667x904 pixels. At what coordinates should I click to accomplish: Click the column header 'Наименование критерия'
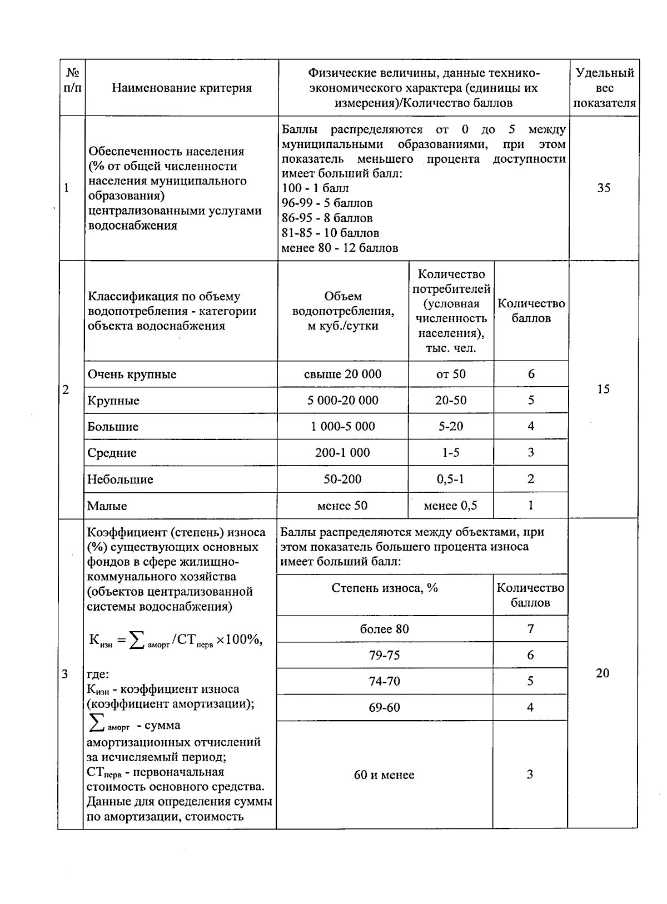point(182,88)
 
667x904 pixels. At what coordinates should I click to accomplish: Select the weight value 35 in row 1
point(604,188)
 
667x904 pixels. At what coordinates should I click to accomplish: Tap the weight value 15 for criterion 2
point(603,389)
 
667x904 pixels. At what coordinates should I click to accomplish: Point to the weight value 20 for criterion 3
point(603,673)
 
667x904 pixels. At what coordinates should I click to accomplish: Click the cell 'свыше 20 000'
point(342,374)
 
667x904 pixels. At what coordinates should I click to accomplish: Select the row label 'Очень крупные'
point(132,374)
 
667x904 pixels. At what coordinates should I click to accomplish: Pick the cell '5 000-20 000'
point(342,400)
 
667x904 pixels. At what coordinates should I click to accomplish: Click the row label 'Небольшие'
point(120,480)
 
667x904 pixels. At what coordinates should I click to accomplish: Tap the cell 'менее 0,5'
point(450,506)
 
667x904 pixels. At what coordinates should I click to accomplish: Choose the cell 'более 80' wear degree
point(384,629)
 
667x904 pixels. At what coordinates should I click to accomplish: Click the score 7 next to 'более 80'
point(530,629)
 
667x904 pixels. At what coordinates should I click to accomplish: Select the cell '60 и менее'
point(384,775)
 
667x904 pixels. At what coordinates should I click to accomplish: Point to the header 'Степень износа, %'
point(385,588)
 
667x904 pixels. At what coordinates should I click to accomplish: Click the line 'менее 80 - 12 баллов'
point(340,248)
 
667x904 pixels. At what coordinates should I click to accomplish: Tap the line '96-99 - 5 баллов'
point(327,203)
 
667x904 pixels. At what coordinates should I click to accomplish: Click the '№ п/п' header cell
point(72,81)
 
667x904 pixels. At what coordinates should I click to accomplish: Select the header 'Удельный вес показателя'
point(604,88)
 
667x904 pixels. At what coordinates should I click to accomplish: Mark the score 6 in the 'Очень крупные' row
point(531,374)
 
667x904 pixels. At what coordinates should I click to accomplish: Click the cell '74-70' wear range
point(384,681)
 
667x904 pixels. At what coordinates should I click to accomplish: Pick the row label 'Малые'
point(107,506)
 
